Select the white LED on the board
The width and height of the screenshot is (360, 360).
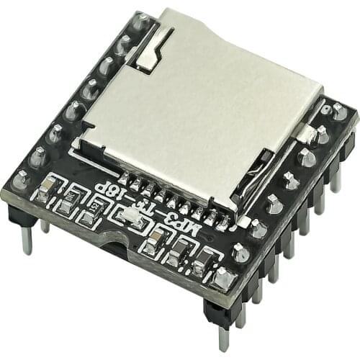130,215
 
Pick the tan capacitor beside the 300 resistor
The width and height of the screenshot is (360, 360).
48,189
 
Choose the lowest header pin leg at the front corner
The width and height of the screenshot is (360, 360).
224,335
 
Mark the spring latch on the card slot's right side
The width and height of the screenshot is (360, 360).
306,133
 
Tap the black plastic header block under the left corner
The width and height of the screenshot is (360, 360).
18,212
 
